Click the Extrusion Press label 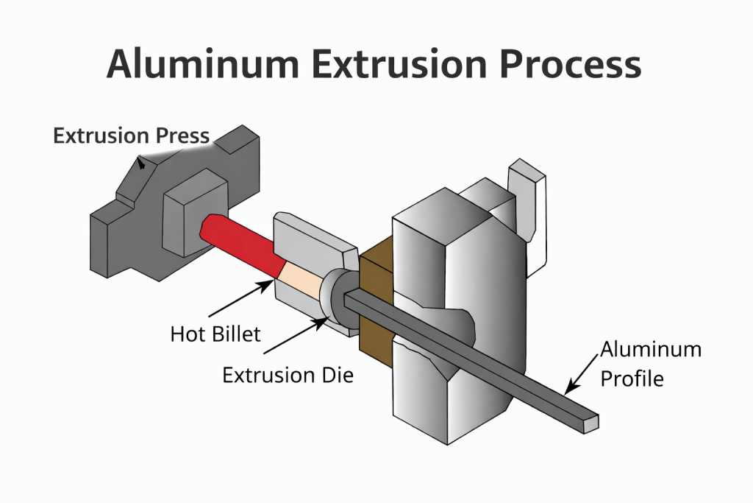coord(131,136)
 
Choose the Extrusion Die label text coord(288,375)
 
